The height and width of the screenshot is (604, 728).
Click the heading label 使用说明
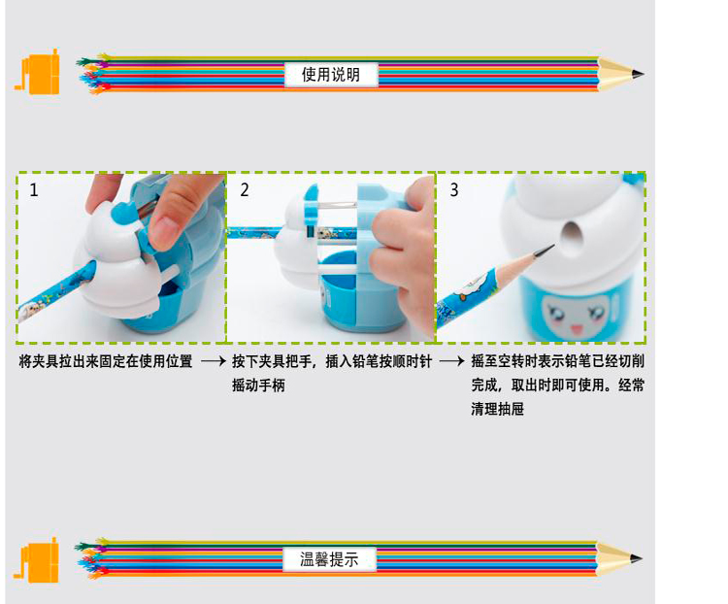pyautogui.click(x=331, y=75)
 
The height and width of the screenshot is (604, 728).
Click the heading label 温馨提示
pyautogui.click(x=329, y=559)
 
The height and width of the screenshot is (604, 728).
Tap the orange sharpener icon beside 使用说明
pyautogui.click(x=38, y=72)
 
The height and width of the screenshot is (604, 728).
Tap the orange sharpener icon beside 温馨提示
pyautogui.click(x=36, y=560)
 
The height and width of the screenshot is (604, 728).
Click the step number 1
pyautogui.click(x=33, y=189)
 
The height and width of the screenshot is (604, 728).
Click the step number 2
pyautogui.click(x=245, y=189)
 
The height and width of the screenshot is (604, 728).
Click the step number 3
pyautogui.click(x=454, y=189)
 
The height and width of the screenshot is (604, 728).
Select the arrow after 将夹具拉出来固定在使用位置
pyautogui.click(x=214, y=361)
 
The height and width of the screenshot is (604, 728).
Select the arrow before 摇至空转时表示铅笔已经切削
pyautogui.click(x=451, y=361)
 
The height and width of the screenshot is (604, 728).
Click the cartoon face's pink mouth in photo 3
pyautogui.click(x=577, y=329)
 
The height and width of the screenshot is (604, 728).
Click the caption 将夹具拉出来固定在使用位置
pyautogui.click(x=106, y=361)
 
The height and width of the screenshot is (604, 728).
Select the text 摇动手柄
pyautogui.click(x=258, y=386)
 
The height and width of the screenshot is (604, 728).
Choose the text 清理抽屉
pyautogui.click(x=497, y=410)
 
